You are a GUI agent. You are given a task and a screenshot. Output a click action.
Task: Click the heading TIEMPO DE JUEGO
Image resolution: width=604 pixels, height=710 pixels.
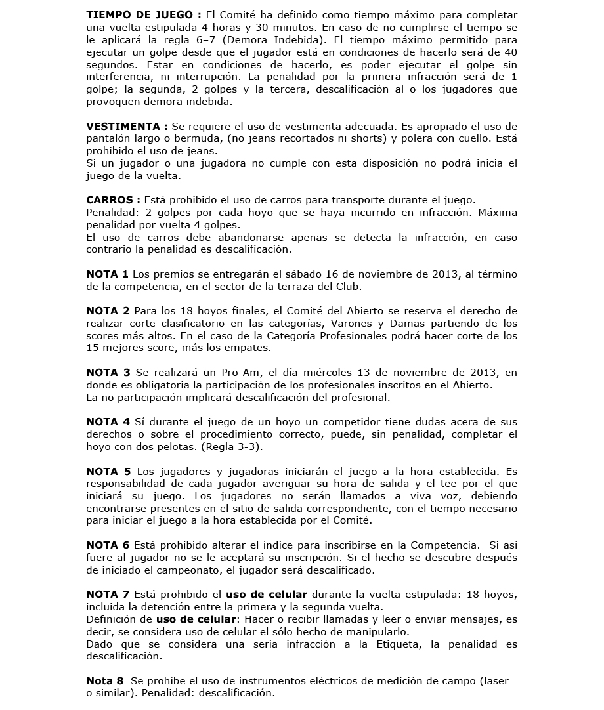138,15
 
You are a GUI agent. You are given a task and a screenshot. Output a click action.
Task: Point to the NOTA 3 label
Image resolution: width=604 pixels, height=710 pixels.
108,373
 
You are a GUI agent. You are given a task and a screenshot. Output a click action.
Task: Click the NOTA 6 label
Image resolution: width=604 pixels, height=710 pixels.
108,545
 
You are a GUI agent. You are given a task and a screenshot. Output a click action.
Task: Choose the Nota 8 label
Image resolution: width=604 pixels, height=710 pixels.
106,681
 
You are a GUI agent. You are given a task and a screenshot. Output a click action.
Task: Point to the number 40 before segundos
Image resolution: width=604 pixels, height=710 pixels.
510,52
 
